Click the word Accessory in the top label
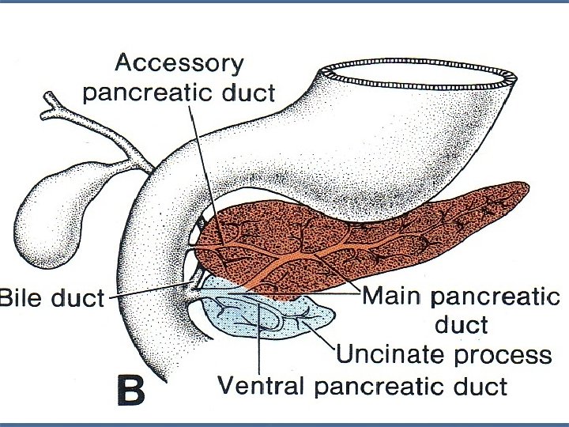[179, 63]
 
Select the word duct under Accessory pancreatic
[244, 93]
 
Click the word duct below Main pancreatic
[461, 324]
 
